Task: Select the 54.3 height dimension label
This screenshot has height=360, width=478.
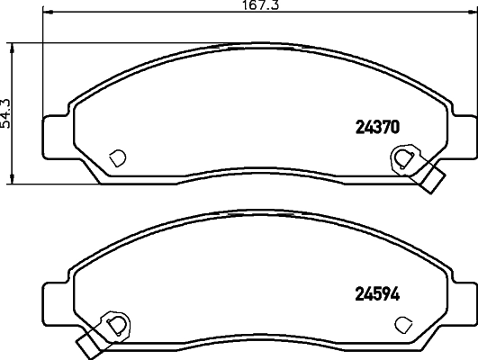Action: [x=6, y=112]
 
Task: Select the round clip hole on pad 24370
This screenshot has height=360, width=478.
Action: [x=402, y=159]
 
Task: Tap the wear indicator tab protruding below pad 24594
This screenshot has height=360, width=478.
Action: [x=86, y=342]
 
